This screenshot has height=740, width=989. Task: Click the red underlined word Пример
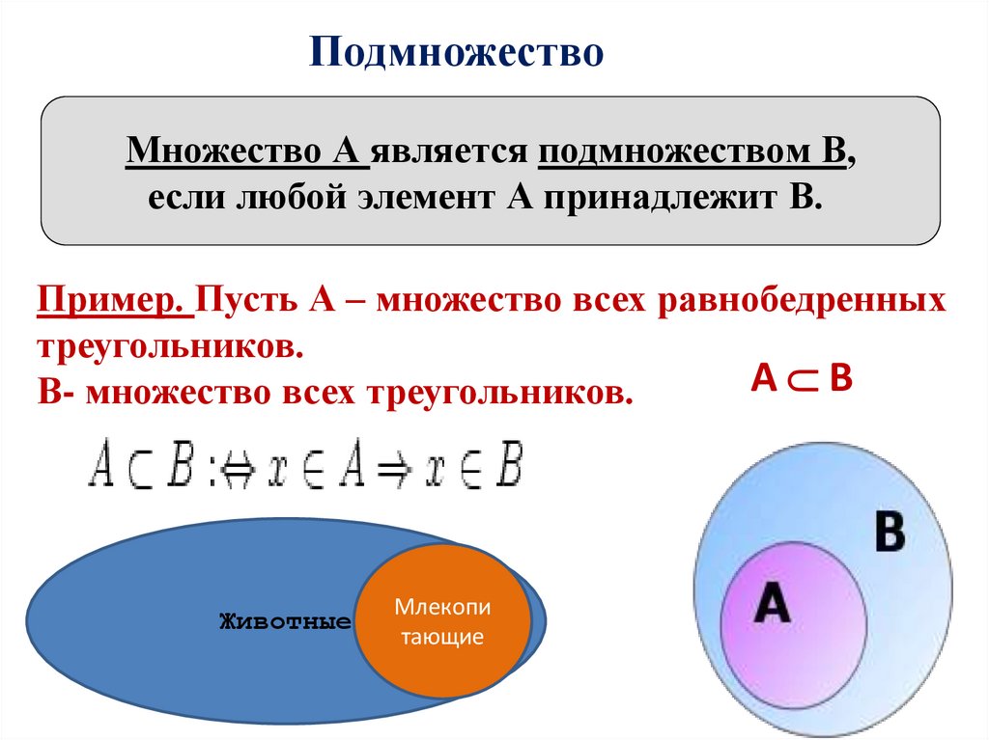pos(113,300)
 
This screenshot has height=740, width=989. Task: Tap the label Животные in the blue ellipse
pos(285,620)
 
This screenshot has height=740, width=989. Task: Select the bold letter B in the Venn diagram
pos(889,533)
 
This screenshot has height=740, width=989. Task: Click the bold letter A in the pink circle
pos(773,605)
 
